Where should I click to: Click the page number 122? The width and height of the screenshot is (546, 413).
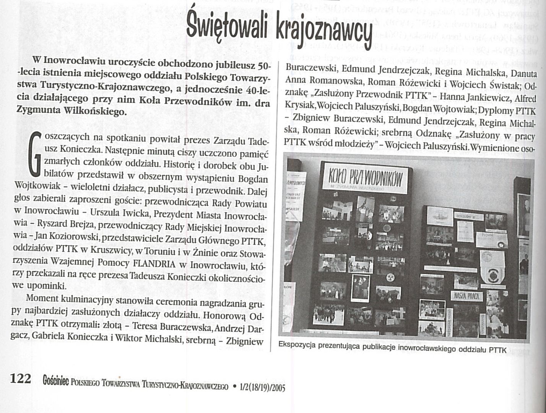20,379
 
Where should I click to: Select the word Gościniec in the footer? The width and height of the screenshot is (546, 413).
56,381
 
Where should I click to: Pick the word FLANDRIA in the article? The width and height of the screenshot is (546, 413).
154,264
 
